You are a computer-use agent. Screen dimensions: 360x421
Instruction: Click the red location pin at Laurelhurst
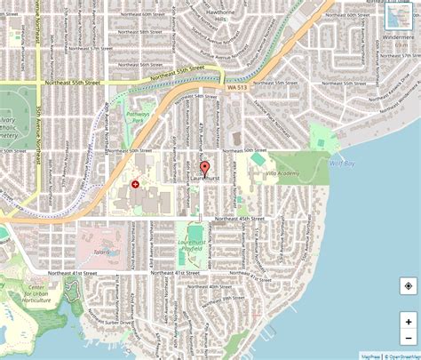pyautogui.click(x=204, y=169)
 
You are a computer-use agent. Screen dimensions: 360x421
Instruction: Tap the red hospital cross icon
pyautogui.click(x=135, y=183)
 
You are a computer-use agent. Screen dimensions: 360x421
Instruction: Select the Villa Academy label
pyautogui.click(x=283, y=175)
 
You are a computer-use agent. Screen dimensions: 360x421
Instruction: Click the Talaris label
pyautogui.click(x=99, y=252)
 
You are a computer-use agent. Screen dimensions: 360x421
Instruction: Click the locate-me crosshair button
pyautogui.click(x=408, y=286)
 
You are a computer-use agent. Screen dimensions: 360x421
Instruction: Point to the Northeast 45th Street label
pyautogui.click(x=240, y=217)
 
